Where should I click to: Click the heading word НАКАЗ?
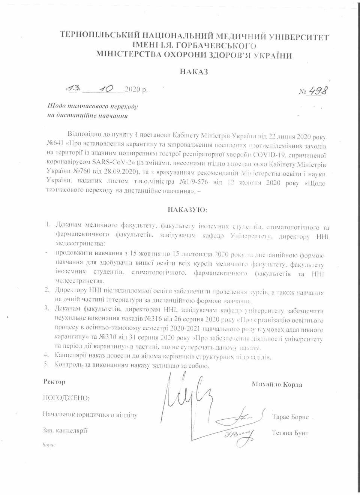(x=193, y=72)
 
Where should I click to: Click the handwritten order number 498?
(x=318, y=91)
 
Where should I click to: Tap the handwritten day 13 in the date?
(x=73, y=88)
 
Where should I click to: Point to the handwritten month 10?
(x=103, y=88)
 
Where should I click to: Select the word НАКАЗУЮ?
(x=187, y=210)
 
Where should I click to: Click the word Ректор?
(x=54, y=382)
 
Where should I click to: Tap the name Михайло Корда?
(x=277, y=384)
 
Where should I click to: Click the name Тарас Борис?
(x=290, y=417)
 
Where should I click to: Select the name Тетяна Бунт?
(x=290, y=433)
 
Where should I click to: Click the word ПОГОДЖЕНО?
(x=66, y=398)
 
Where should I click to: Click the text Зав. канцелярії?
(x=65, y=431)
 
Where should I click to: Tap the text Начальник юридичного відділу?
(x=90, y=415)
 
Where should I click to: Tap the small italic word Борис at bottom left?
(x=49, y=445)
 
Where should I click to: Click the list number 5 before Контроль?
(x=46, y=364)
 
